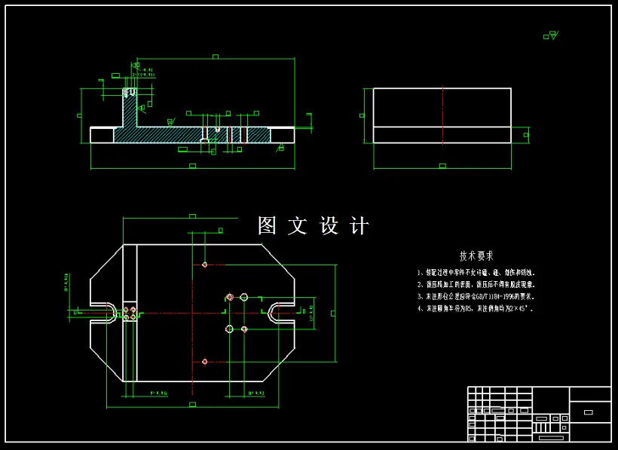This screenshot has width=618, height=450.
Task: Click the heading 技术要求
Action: pos(476,256)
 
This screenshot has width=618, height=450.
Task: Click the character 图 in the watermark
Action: pos(268,225)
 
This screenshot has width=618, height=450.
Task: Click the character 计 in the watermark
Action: pos(359,225)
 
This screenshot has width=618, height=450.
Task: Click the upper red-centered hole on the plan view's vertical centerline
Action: pos(205,265)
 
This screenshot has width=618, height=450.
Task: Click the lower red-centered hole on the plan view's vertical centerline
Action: pos(205,362)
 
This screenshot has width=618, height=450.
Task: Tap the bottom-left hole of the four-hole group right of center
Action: pos(229,329)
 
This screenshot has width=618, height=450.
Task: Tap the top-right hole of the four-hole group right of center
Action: pos(244,297)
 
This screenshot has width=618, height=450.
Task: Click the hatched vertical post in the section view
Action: pos(130,113)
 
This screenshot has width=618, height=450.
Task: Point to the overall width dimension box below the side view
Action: pos(442,165)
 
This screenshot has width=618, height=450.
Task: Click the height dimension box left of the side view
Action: pos(362,115)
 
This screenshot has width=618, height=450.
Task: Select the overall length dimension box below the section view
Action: pos(192,165)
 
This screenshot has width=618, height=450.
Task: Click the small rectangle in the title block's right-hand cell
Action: pos(589,412)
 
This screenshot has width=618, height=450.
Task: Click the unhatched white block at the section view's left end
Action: pos(102,135)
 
